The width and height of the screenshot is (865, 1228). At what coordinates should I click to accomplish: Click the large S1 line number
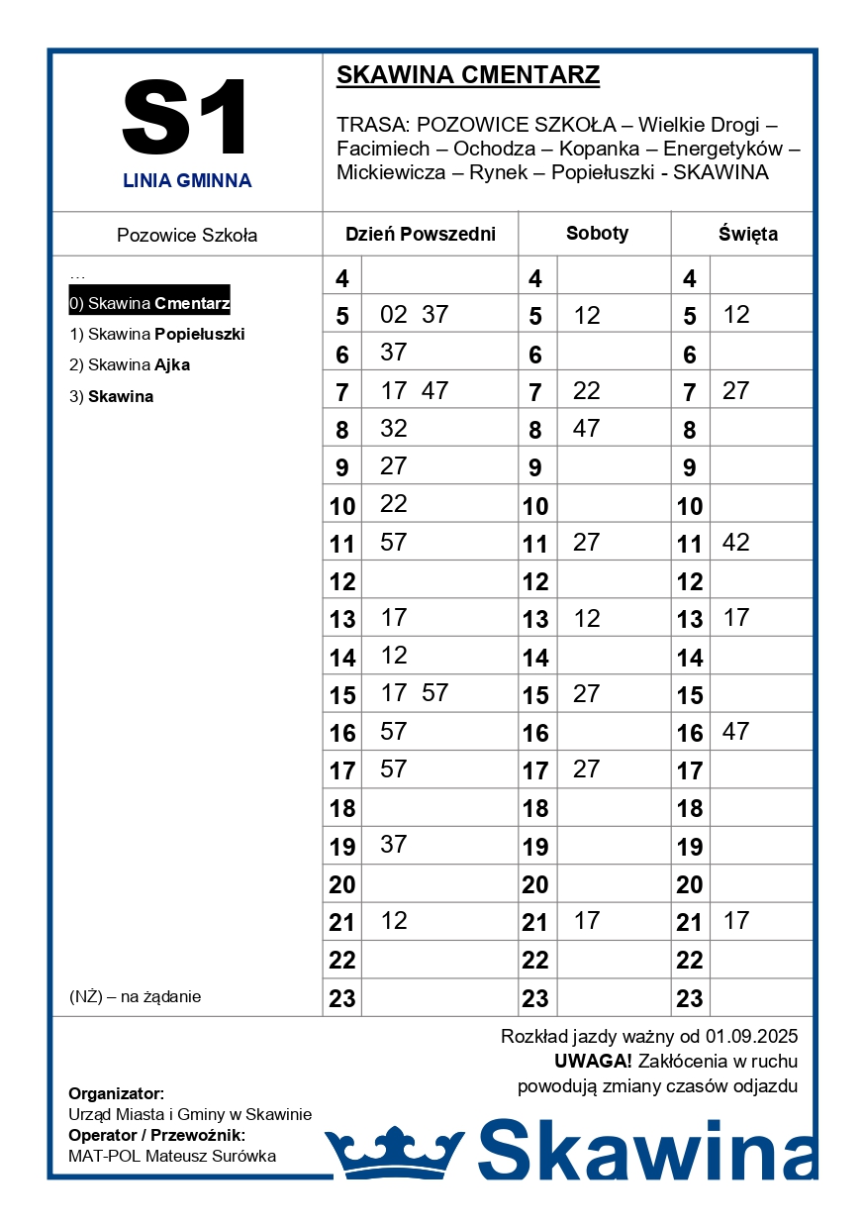[x=186, y=118]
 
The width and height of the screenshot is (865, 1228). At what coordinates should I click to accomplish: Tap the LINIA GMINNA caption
[x=187, y=181]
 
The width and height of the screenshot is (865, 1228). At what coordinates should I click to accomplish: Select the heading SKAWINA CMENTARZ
[x=468, y=75]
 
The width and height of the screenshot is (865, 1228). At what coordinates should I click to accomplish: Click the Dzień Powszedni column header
[x=420, y=235]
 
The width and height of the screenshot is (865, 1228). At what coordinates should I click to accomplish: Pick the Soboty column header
[x=597, y=234]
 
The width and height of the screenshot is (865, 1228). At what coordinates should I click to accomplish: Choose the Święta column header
[x=747, y=235]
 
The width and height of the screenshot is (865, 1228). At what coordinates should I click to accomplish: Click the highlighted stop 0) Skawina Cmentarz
[x=149, y=303]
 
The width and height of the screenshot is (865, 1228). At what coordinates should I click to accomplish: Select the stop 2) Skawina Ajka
[x=130, y=365]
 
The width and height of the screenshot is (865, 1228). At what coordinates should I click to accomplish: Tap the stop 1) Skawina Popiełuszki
[x=156, y=335]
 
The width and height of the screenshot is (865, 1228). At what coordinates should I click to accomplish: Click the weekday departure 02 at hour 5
[x=394, y=315]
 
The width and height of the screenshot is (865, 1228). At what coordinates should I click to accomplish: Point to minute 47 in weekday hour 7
[x=435, y=391]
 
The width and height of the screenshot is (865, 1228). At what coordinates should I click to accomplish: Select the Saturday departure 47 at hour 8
[x=587, y=429]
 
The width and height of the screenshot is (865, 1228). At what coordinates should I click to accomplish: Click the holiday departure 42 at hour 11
[x=736, y=543]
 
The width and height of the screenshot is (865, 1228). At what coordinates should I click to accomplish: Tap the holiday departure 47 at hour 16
[x=736, y=732]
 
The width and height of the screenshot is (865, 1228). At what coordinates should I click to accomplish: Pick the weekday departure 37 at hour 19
[x=394, y=845]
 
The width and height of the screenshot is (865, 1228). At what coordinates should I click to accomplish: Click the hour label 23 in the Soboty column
[x=535, y=998]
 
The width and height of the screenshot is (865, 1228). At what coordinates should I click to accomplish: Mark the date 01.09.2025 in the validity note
[x=751, y=1038]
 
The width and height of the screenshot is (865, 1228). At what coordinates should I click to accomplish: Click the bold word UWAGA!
[x=593, y=1062]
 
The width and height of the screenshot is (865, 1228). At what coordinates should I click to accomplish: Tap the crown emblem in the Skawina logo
[x=395, y=1152]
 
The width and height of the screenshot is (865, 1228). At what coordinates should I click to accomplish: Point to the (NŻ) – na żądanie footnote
[x=135, y=997]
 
